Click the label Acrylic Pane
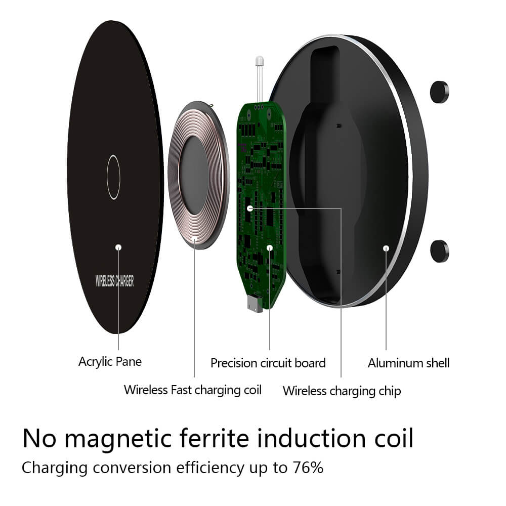click(110, 362)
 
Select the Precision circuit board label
click(268, 363)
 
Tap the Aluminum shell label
click(408, 363)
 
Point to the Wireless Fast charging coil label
click(192, 390)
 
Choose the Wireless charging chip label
click(342, 391)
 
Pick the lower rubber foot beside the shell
click(439, 251)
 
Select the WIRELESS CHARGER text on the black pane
click(115, 281)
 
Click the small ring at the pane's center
click(113, 177)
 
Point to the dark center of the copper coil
click(194, 175)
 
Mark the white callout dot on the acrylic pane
click(118, 247)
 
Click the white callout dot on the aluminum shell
click(386, 248)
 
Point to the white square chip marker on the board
click(249, 208)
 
